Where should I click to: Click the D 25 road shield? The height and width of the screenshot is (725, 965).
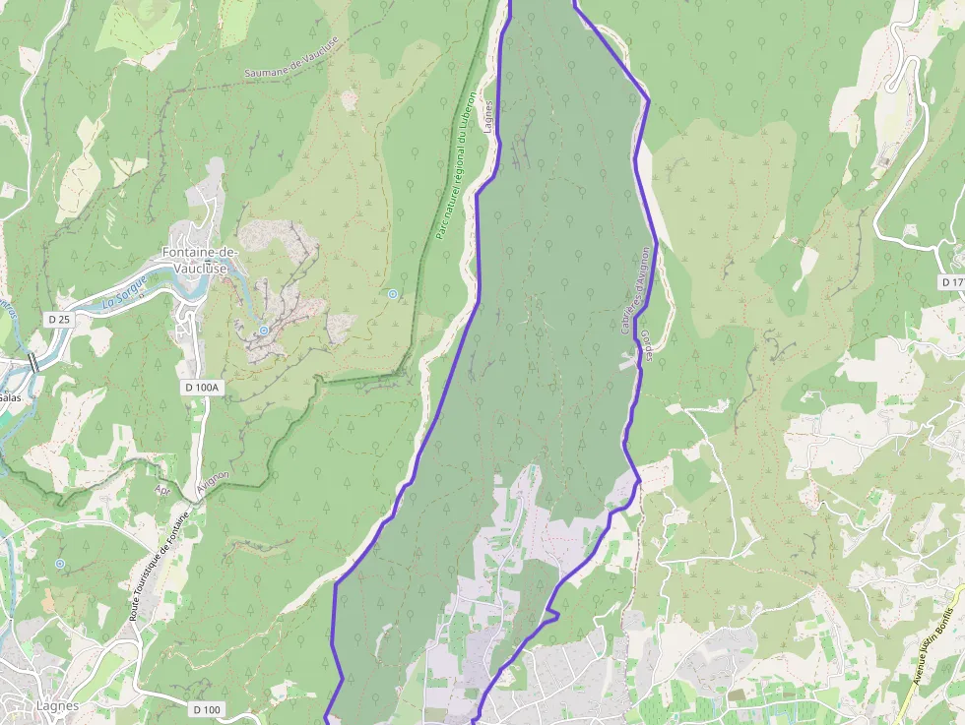coord(60,319)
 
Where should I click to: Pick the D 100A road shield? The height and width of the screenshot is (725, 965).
coord(202,388)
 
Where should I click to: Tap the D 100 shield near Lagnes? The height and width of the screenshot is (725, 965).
coord(207,709)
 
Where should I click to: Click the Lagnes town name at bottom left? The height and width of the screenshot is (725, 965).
coord(57,705)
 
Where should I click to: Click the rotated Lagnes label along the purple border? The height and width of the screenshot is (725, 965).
coord(489,116)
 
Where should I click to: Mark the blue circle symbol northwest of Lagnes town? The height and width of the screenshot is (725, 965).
coord(60,564)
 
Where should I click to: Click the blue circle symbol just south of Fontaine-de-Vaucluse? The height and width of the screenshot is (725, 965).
coord(264,331)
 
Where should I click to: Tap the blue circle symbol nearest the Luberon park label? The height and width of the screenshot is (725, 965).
coord(393,294)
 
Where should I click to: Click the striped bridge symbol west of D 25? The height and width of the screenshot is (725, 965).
coord(34,362)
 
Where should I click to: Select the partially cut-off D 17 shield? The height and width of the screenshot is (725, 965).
coord(952,282)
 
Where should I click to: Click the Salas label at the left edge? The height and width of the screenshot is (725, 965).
coord(10,397)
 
